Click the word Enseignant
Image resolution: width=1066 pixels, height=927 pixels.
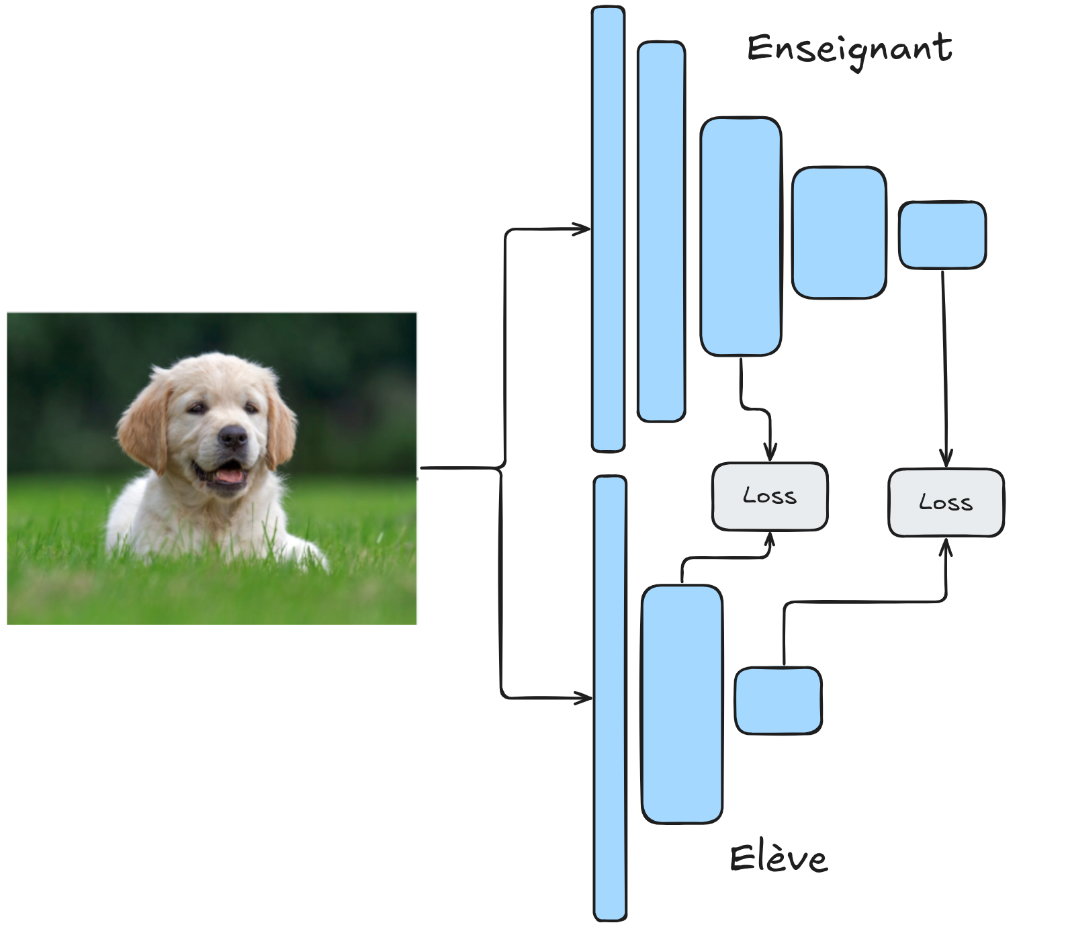[849, 50]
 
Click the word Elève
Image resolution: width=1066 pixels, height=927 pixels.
[779, 858]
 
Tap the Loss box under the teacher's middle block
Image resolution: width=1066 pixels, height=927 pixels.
[770, 496]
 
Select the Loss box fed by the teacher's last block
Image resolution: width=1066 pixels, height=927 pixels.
[946, 502]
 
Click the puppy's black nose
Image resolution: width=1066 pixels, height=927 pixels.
[233, 437]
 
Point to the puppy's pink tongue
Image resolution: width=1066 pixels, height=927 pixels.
[228, 476]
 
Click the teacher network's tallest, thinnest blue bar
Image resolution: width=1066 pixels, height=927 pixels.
[608, 228]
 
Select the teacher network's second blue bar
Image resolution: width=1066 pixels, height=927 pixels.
[661, 232]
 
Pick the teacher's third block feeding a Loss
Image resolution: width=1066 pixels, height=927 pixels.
[740, 236]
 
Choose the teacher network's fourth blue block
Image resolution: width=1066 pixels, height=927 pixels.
[838, 232]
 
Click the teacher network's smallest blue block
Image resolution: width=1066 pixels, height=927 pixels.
[942, 235]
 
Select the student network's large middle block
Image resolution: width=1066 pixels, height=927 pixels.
[682, 704]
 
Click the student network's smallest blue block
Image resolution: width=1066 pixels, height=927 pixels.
[778, 701]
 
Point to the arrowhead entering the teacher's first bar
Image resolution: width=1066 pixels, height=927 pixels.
[583, 229]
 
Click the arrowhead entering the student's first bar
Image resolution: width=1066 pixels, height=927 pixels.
[584, 699]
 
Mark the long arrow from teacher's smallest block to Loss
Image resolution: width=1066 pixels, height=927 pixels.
[944, 363]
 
